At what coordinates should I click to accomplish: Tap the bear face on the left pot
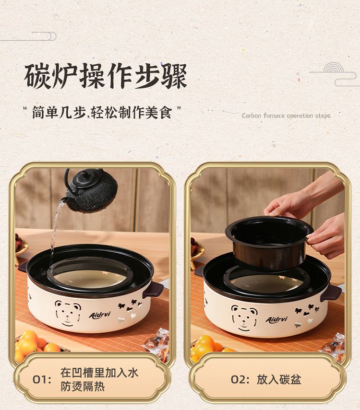68,313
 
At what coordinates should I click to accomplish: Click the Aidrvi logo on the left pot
99,315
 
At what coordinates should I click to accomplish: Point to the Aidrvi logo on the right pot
276,319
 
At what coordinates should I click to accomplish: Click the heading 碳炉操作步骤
106,76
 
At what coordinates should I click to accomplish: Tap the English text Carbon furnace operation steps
286,116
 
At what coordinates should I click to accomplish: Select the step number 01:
42,380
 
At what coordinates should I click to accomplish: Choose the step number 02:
240,380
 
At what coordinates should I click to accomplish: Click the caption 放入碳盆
279,380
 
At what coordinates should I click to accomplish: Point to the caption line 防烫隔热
83,387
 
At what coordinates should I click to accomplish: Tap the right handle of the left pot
153,289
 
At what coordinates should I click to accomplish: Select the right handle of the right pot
331,293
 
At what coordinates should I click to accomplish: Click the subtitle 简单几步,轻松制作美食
102,113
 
